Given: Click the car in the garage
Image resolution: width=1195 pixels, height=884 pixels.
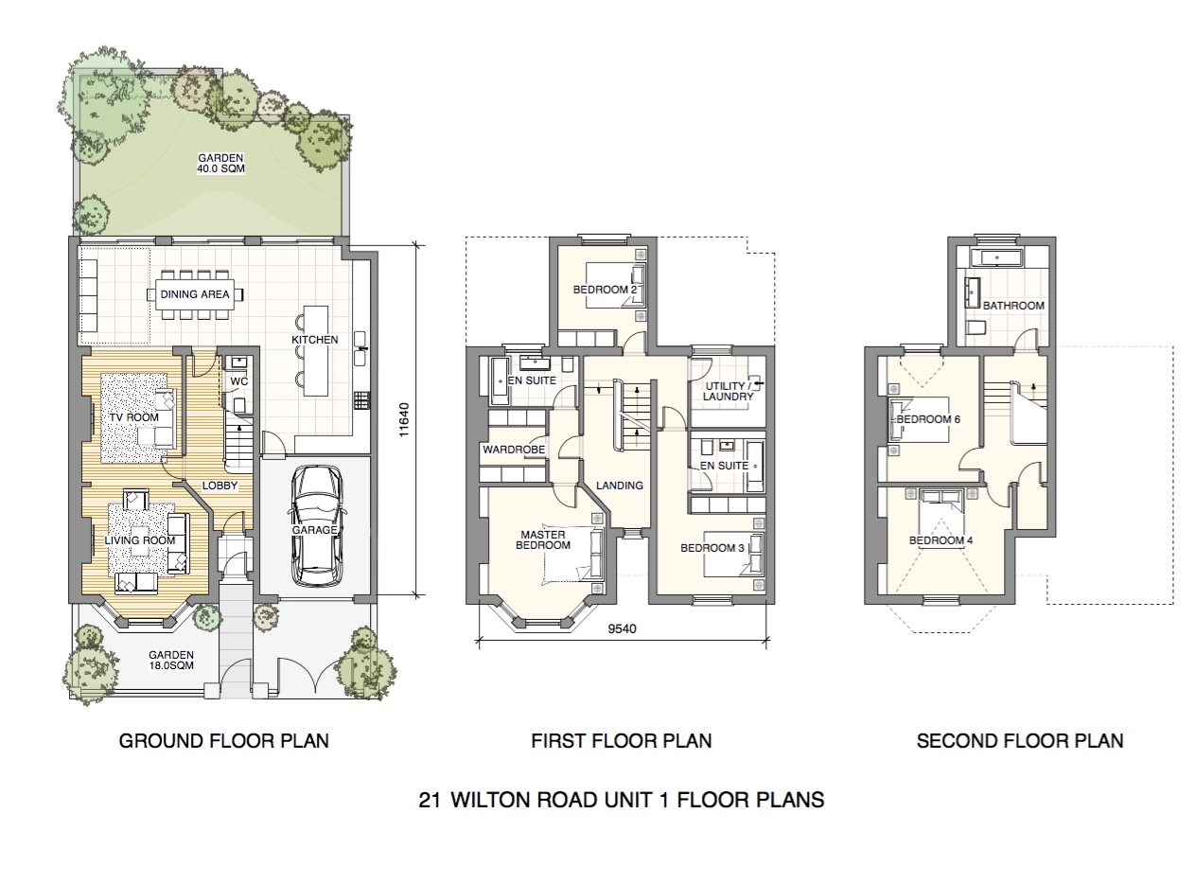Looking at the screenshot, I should coord(314,526).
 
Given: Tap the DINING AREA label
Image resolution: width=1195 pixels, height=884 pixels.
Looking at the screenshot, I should coord(195,294).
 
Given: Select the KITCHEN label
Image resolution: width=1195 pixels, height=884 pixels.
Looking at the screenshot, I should coord(314,339).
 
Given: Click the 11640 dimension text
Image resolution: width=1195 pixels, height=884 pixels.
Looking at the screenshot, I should coord(404,419).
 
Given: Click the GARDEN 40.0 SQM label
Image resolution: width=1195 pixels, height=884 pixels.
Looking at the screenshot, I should coord(220,164).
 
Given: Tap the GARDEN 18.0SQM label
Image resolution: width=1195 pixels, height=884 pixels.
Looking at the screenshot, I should coord(170,660).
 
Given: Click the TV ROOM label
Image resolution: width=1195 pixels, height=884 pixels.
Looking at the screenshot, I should coord(132,417).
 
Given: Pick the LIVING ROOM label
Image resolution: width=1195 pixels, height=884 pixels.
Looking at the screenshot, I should coord(140,540).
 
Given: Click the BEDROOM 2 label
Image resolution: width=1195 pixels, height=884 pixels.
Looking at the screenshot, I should coord(602,290).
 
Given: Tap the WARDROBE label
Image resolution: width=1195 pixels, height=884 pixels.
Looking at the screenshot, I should coord(514,450).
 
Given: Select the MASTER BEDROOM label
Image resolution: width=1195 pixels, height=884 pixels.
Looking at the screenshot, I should coord(543,539).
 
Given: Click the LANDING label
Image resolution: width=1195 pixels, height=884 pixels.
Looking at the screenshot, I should coord(620,486).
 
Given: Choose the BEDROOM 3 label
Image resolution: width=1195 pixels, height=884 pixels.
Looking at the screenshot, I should coord(712,547).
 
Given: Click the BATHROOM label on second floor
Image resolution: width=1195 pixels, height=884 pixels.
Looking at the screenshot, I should coord(1013,306).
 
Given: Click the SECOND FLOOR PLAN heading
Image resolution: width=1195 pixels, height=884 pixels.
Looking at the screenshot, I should coord(1020,740).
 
